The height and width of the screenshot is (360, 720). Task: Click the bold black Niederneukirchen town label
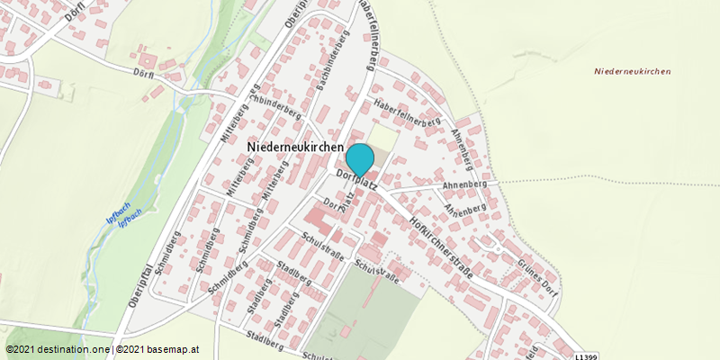click(294, 146)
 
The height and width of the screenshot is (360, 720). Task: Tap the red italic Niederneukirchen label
click(633, 71)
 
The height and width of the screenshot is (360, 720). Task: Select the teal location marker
click(360, 159)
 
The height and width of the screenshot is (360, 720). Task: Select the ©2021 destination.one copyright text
click(58, 349)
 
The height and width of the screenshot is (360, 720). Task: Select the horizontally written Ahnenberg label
click(465, 184)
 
